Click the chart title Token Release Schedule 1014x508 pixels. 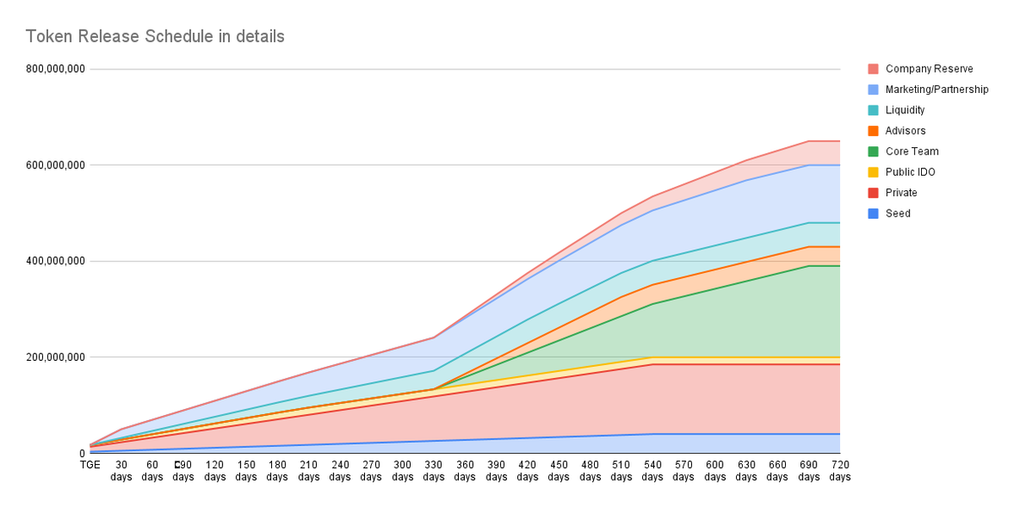click(x=155, y=36)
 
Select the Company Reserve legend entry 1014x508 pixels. click(x=929, y=68)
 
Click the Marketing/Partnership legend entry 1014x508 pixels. click(x=936, y=90)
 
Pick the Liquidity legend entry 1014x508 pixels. click(x=905, y=110)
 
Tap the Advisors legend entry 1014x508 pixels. click(x=905, y=131)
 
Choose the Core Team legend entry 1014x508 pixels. click(x=912, y=151)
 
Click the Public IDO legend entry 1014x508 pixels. click(x=910, y=172)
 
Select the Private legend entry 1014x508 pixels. click(x=901, y=193)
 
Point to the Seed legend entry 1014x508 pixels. click(x=897, y=214)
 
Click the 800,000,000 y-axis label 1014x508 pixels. click(x=56, y=69)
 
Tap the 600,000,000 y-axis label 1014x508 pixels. click(x=56, y=165)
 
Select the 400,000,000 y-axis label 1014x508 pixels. click(x=56, y=261)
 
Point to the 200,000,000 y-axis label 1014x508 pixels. click(x=56, y=358)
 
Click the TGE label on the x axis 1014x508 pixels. click(x=90, y=465)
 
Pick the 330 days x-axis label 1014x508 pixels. click(x=433, y=471)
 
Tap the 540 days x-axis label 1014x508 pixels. click(x=652, y=471)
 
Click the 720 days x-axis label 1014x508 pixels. click(x=840, y=471)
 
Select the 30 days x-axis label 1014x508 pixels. click(x=121, y=471)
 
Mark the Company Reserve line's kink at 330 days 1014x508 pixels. click(x=433, y=337)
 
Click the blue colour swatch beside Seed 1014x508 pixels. click(x=872, y=214)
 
